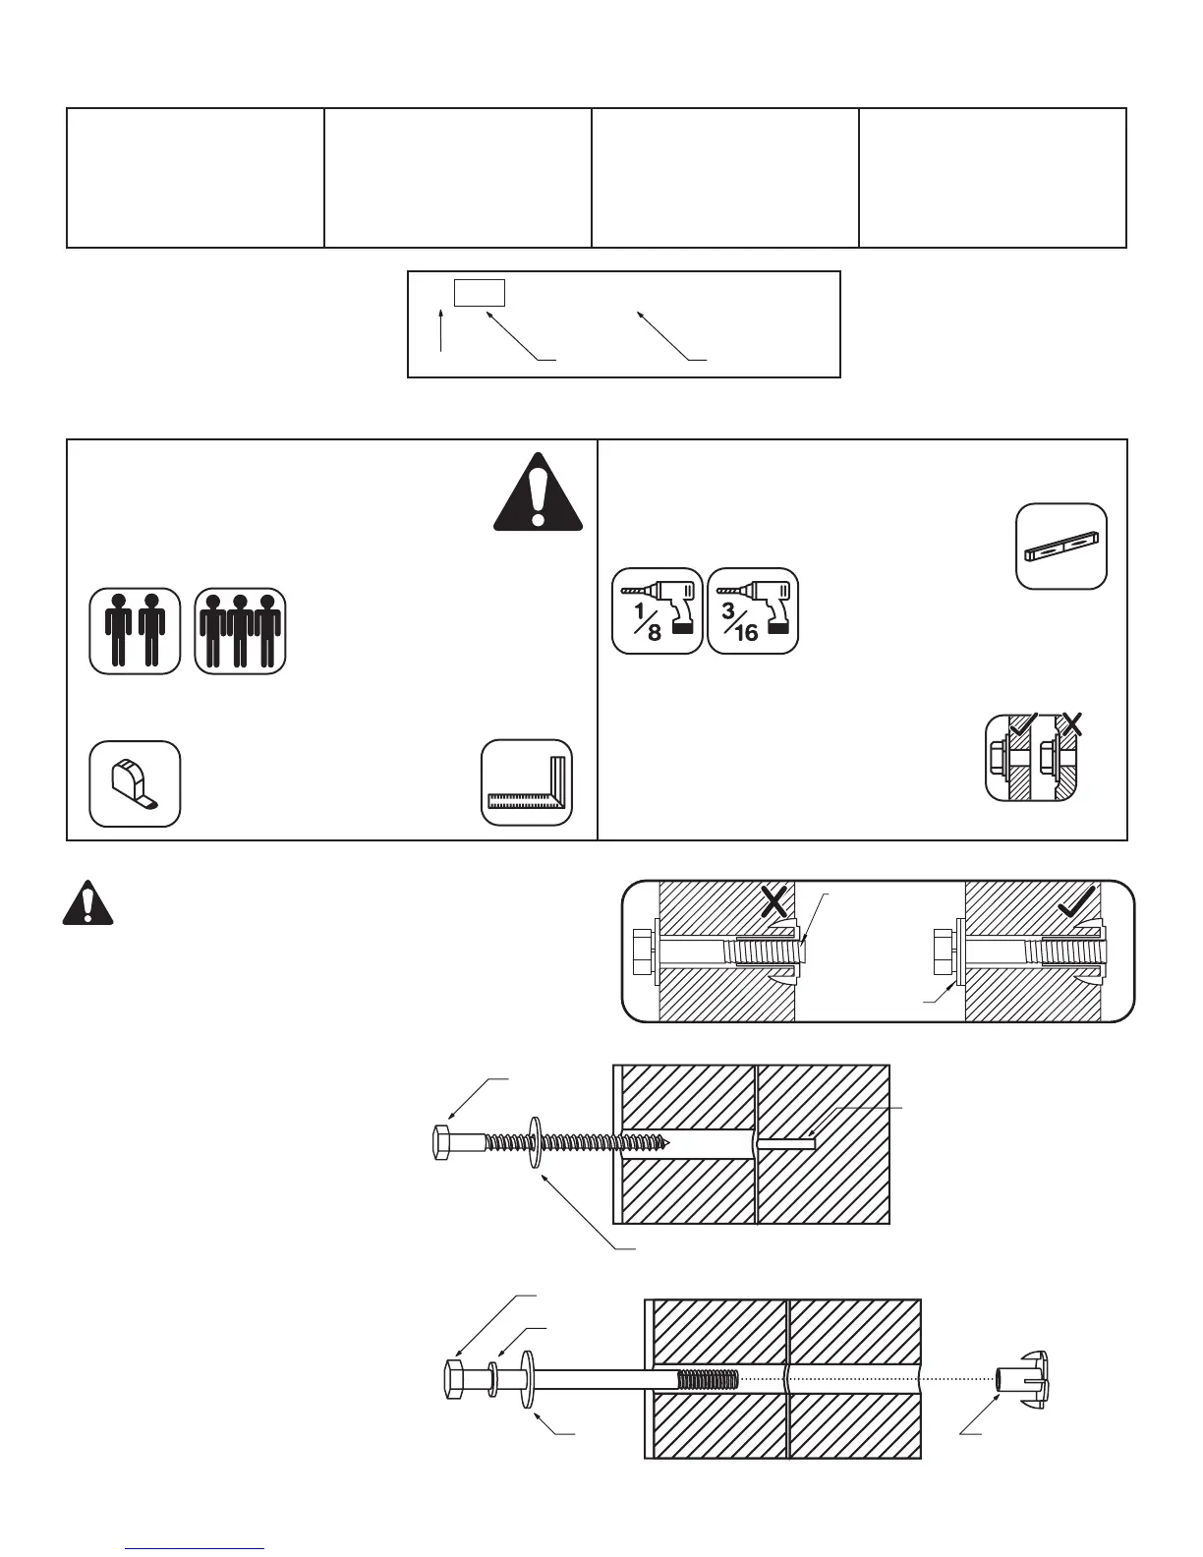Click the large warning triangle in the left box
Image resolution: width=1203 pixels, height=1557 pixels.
537,493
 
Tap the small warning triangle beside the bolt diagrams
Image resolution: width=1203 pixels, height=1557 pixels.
87,902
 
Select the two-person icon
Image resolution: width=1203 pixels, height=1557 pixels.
135,631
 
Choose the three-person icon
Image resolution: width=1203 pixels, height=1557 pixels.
240,631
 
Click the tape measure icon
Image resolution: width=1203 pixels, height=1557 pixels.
135,783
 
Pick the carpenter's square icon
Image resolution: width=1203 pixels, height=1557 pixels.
527,782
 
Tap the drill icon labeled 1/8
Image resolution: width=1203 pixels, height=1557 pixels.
658,610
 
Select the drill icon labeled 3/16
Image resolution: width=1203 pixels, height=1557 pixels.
753,610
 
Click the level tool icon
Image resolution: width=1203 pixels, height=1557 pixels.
1061,547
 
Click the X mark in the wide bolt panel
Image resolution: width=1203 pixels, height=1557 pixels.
774,901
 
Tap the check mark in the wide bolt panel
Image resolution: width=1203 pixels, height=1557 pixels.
1079,901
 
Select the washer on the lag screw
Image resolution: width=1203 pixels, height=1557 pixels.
535,1142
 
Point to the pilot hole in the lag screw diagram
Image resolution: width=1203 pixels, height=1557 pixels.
786,1142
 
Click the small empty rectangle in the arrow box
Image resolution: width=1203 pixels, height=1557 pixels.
480,293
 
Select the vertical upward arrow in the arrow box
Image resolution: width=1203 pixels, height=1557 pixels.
442,329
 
